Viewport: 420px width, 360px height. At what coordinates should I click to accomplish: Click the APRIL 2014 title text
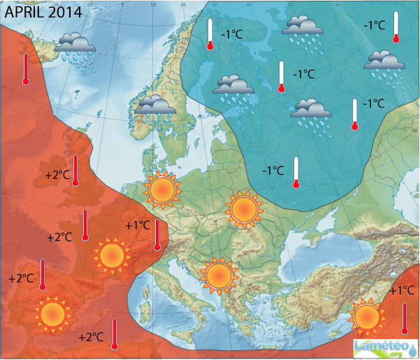pyautogui.click(x=43, y=12)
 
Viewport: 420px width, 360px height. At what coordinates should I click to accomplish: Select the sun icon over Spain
pyautogui.click(x=51, y=314)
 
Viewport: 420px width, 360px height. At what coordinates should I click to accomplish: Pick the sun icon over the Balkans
pyautogui.click(x=218, y=275)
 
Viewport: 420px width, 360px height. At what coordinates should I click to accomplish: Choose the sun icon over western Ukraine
pyautogui.click(x=244, y=208)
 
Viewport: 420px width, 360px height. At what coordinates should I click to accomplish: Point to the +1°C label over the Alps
pyautogui.click(x=138, y=225)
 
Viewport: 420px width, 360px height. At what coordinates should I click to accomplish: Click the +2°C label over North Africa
pyautogui.click(x=91, y=337)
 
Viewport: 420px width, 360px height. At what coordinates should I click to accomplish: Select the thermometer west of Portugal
pyautogui.click(x=43, y=274)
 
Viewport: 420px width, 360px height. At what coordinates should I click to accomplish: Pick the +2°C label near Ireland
pyautogui.click(x=58, y=175)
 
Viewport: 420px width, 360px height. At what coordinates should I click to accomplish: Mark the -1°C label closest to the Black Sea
pyautogui.click(x=273, y=170)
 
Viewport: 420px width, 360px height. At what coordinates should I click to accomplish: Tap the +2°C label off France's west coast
pyautogui.click(x=59, y=237)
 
